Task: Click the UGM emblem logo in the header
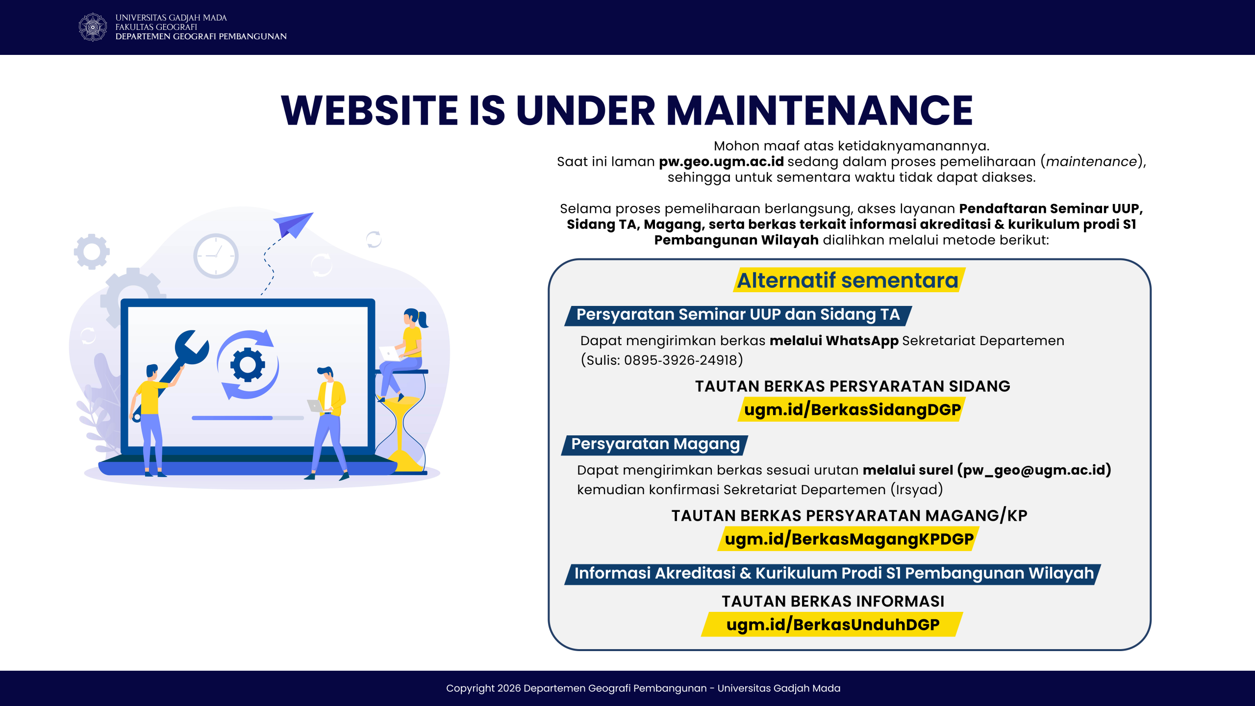(x=93, y=27)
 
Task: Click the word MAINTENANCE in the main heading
(x=819, y=110)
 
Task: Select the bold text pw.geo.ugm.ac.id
(x=721, y=162)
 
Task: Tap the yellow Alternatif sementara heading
(x=848, y=280)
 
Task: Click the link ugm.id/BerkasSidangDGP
(x=852, y=409)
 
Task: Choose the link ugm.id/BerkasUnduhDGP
(x=833, y=625)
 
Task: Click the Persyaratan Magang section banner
(x=655, y=444)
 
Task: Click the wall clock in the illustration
(x=216, y=255)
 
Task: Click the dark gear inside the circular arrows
(x=248, y=364)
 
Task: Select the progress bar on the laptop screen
(x=248, y=418)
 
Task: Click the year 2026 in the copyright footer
(x=509, y=688)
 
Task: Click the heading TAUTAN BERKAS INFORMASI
(x=833, y=602)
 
